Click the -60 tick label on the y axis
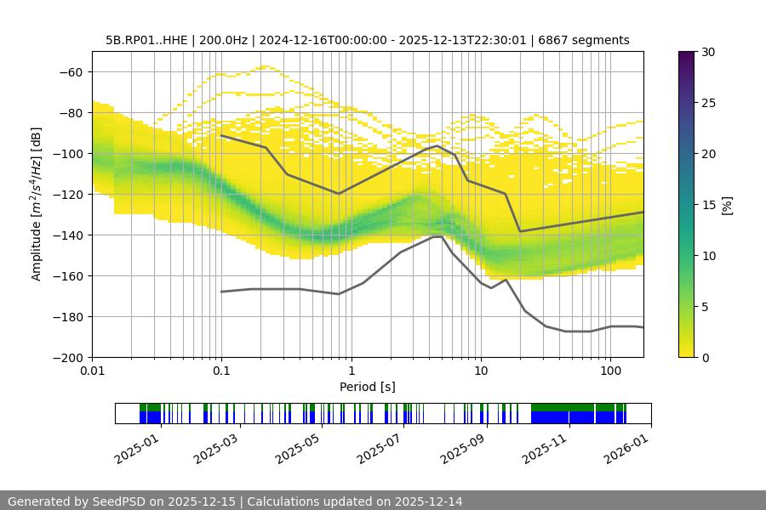[x=70, y=71]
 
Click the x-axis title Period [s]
[x=367, y=387]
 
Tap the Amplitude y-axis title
[x=36, y=204]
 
